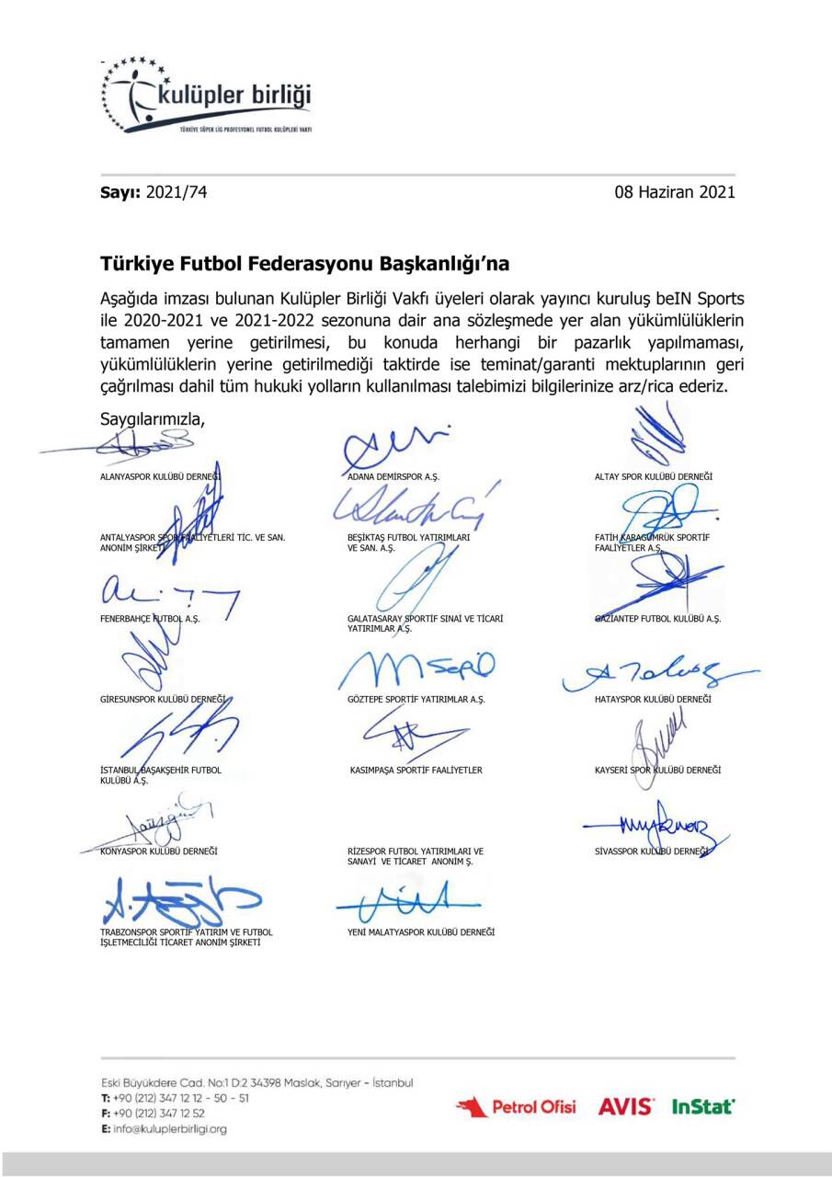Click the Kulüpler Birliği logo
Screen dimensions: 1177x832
207,97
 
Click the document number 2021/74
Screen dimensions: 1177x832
182,192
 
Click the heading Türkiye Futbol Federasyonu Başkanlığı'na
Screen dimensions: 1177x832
304,264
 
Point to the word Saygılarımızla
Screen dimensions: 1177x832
152,417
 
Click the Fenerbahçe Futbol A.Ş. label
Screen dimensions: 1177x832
150,619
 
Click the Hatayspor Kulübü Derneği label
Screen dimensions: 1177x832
653,700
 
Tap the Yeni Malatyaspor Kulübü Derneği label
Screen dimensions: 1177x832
416,931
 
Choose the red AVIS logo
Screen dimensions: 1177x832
626,1107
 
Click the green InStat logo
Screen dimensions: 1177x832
703,1107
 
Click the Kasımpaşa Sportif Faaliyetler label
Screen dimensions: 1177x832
416,770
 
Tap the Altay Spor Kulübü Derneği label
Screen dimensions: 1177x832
653,476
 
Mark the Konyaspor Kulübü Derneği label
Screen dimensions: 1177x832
158,851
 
